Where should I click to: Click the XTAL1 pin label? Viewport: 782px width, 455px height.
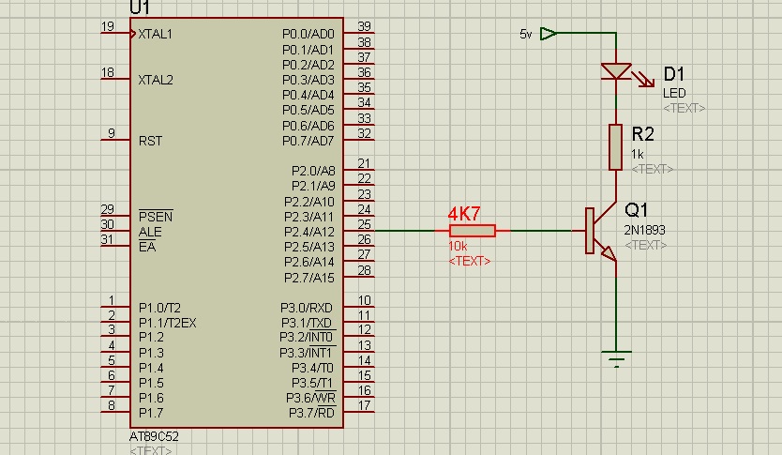pos(156,34)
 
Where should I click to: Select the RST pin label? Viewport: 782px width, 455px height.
pos(150,141)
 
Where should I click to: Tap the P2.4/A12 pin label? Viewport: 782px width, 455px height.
pos(308,232)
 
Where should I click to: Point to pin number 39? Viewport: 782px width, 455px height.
pos(364,26)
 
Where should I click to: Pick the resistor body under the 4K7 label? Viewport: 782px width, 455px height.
pos(473,231)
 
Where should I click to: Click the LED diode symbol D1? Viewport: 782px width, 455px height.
pos(616,71)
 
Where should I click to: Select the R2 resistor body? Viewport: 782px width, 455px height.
pos(616,146)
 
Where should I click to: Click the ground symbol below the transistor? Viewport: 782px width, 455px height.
pos(616,357)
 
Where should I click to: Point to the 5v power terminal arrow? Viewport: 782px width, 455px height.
pos(549,34)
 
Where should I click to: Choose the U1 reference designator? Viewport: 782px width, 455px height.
pos(140,8)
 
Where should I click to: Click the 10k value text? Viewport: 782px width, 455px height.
pos(458,247)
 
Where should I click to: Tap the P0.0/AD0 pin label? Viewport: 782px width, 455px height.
pos(308,34)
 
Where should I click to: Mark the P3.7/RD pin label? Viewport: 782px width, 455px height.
pos(311,413)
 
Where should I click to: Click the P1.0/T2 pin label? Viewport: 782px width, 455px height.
pos(159,307)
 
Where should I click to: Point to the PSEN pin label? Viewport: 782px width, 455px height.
pos(155,216)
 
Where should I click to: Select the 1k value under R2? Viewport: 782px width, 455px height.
pos(638,154)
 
